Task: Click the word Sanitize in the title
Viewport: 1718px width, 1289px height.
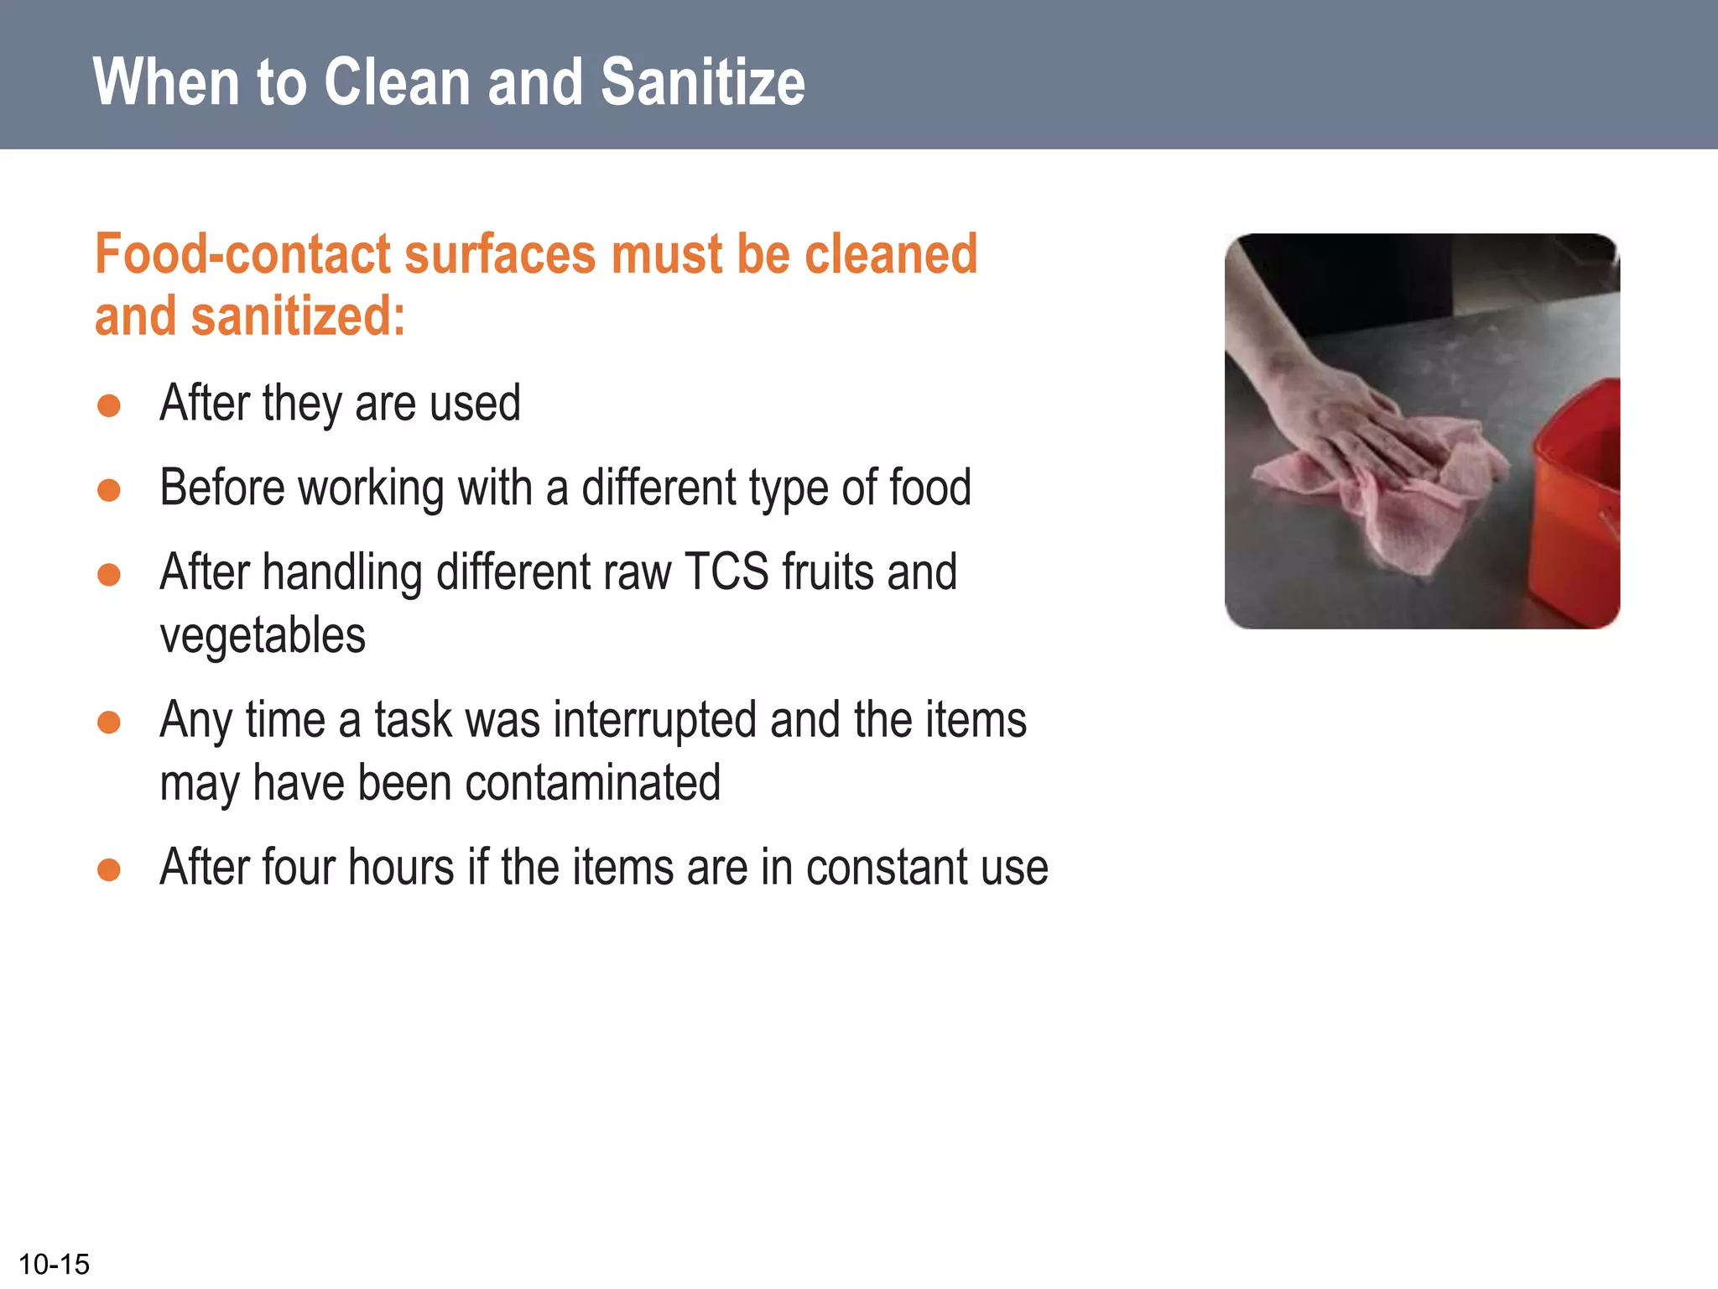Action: (x=703, y=82)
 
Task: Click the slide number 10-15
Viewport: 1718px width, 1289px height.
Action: (x=54, y=1264)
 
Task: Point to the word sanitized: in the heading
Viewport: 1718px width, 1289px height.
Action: (x=298, y=316)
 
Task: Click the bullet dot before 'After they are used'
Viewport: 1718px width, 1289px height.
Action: (x=109, y=406)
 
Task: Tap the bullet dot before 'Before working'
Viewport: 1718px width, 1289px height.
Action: (x=109, y=490)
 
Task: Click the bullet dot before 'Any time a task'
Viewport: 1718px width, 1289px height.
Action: (x=109, y=722)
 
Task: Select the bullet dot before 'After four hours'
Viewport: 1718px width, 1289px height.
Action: (x=109, y=869)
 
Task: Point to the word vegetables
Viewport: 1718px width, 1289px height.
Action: (x=263, y=635)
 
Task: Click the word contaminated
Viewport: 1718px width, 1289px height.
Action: (x=592, y=783)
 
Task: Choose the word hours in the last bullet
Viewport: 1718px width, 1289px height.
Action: (x=401, y=868)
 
